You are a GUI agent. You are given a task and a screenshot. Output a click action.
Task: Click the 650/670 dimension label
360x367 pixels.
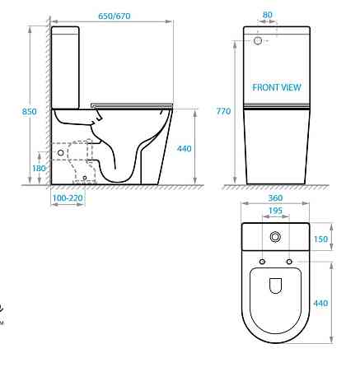pyautogui.click(x=115, y=16)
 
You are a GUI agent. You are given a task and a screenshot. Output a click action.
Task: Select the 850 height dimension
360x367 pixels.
pyautogui.click(x=29, y=112)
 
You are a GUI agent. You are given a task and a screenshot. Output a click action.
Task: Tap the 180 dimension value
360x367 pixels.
pyautogui.click(x=39, y=168)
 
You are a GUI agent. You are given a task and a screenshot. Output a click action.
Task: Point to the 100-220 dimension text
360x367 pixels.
pyautogui.click(x=68, y=197)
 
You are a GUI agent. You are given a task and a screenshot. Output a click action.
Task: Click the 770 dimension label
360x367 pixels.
pyautogui.click(x=223, y=111)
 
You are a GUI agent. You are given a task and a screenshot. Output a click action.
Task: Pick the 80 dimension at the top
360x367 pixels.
pyautogui.click(x=267, y=15)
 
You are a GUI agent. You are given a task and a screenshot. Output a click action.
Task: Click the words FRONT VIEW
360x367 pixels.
pyautogui.click(x=277, y=87)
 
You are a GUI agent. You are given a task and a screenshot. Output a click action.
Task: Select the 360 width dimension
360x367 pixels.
pyautogui.click(x=275, y=197)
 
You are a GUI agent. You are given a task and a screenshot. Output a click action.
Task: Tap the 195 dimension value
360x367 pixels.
pyautogui.click(x=275, y=211)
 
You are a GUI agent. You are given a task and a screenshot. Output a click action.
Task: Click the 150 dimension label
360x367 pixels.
pyautogui.click(x=320, y=239)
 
